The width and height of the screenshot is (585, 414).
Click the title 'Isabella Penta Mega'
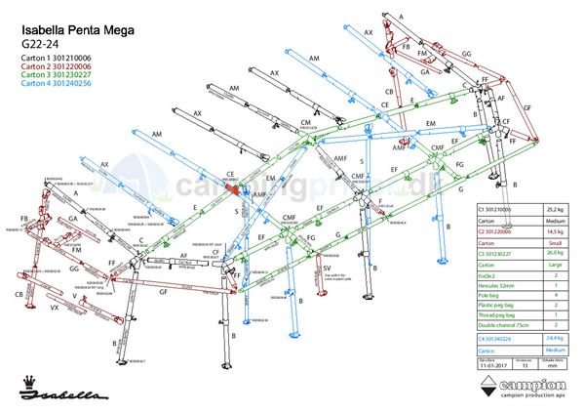(77, 32)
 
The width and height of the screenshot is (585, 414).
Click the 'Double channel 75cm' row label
(498, 328)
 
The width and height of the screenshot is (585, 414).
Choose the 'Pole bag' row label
(487, 296)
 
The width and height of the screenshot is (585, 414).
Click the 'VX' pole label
(56, 308)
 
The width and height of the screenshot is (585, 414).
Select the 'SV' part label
(328, 267)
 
